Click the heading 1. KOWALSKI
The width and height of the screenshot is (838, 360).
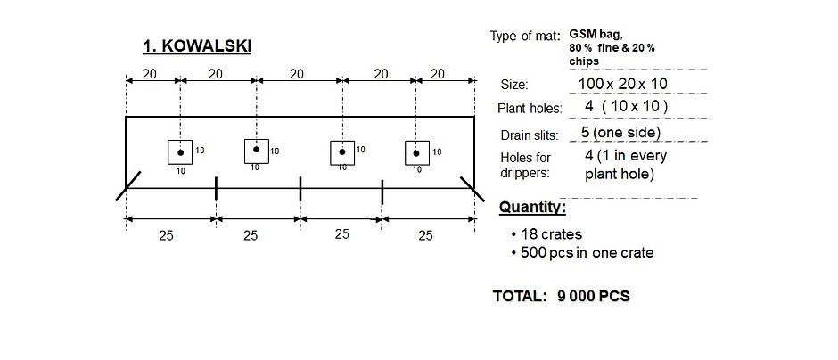197,46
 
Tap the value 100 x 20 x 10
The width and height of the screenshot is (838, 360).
622,84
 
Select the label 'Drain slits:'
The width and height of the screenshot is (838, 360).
529,135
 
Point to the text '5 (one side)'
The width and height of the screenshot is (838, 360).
620,133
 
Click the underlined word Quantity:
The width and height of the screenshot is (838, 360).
532,207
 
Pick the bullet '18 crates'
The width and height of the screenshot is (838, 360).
546,234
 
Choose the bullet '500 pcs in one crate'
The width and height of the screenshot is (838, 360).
582,252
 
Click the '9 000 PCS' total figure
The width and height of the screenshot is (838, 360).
593,296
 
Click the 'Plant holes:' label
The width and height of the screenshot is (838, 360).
530,109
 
